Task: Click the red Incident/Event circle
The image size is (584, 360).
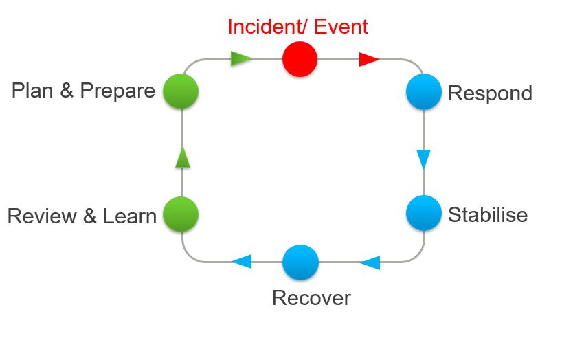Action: [x=300, y=59]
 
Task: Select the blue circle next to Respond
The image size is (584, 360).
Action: [x=423, y=92]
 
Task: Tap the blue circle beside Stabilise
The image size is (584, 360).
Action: [x=423, y=213]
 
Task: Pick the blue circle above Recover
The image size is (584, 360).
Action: [x=300, y=262]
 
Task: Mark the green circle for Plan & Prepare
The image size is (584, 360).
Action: [x=181, y=91]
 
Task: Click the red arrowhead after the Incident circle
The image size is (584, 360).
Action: [x=369, y=60]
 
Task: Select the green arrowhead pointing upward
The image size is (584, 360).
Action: [x=182, y=157]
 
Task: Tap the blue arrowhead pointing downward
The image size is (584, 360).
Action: [x=423, y=159]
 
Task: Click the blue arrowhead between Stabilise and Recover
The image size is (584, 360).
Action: [x=370, y=262]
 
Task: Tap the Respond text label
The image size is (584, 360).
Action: [x=490, y=93]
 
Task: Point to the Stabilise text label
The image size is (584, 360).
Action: [x=488, y=214]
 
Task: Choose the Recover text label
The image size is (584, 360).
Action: [x=311, y=298]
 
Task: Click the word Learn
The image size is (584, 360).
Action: [x=130, y=216]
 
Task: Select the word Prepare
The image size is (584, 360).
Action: [x=117, y=91]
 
